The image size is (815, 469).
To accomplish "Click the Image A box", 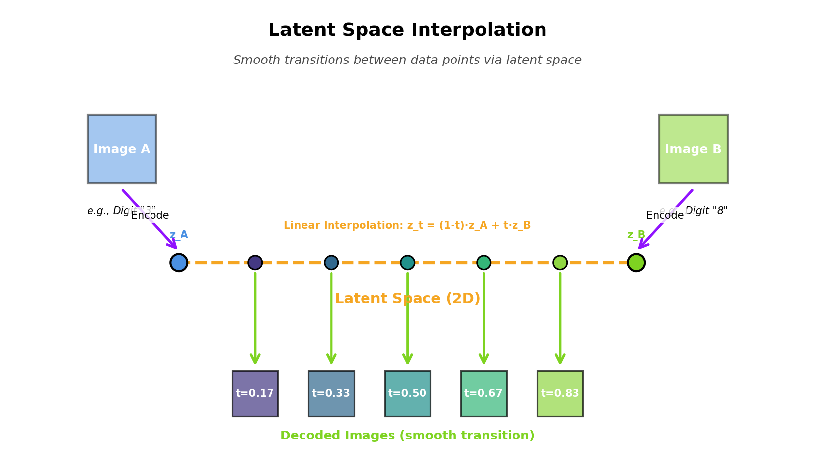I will click(x=121, y=149).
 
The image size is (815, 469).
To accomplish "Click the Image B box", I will click(x=693, y=149).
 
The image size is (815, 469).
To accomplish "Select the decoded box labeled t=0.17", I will click(x=255, y=393).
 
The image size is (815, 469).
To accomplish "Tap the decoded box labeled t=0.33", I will click(x=331, y=393).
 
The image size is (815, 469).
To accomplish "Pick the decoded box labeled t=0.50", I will click(x=407, y=393).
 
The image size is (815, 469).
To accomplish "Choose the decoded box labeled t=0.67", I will click(x=483, y=393).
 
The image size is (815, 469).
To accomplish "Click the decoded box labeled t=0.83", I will click(x=560, y=393).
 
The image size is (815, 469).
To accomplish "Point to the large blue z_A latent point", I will click(x=179, y=262).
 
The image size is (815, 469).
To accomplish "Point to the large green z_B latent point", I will click(x=636, y=262).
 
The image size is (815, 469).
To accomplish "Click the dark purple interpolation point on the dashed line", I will click(x=255, y=262).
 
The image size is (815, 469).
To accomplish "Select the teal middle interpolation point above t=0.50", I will click(x=407, y=262).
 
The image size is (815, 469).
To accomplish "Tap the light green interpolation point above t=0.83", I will click(x=560, y=262).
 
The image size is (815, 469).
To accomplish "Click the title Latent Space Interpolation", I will click(x=407, y=31).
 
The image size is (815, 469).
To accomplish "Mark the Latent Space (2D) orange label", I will click(x=407, y=299).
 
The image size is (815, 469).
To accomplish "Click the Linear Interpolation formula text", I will click(x=407, y=225).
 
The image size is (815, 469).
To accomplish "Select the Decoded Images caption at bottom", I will click(x=407, y=436).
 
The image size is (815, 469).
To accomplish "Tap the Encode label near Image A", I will click(x=150, y=215).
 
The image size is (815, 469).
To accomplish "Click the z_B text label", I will click(x=636, y=235).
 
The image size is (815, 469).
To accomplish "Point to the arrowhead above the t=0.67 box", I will click(x=483, y=359).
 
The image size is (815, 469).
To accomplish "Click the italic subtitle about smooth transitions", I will click(x=407, y=60).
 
